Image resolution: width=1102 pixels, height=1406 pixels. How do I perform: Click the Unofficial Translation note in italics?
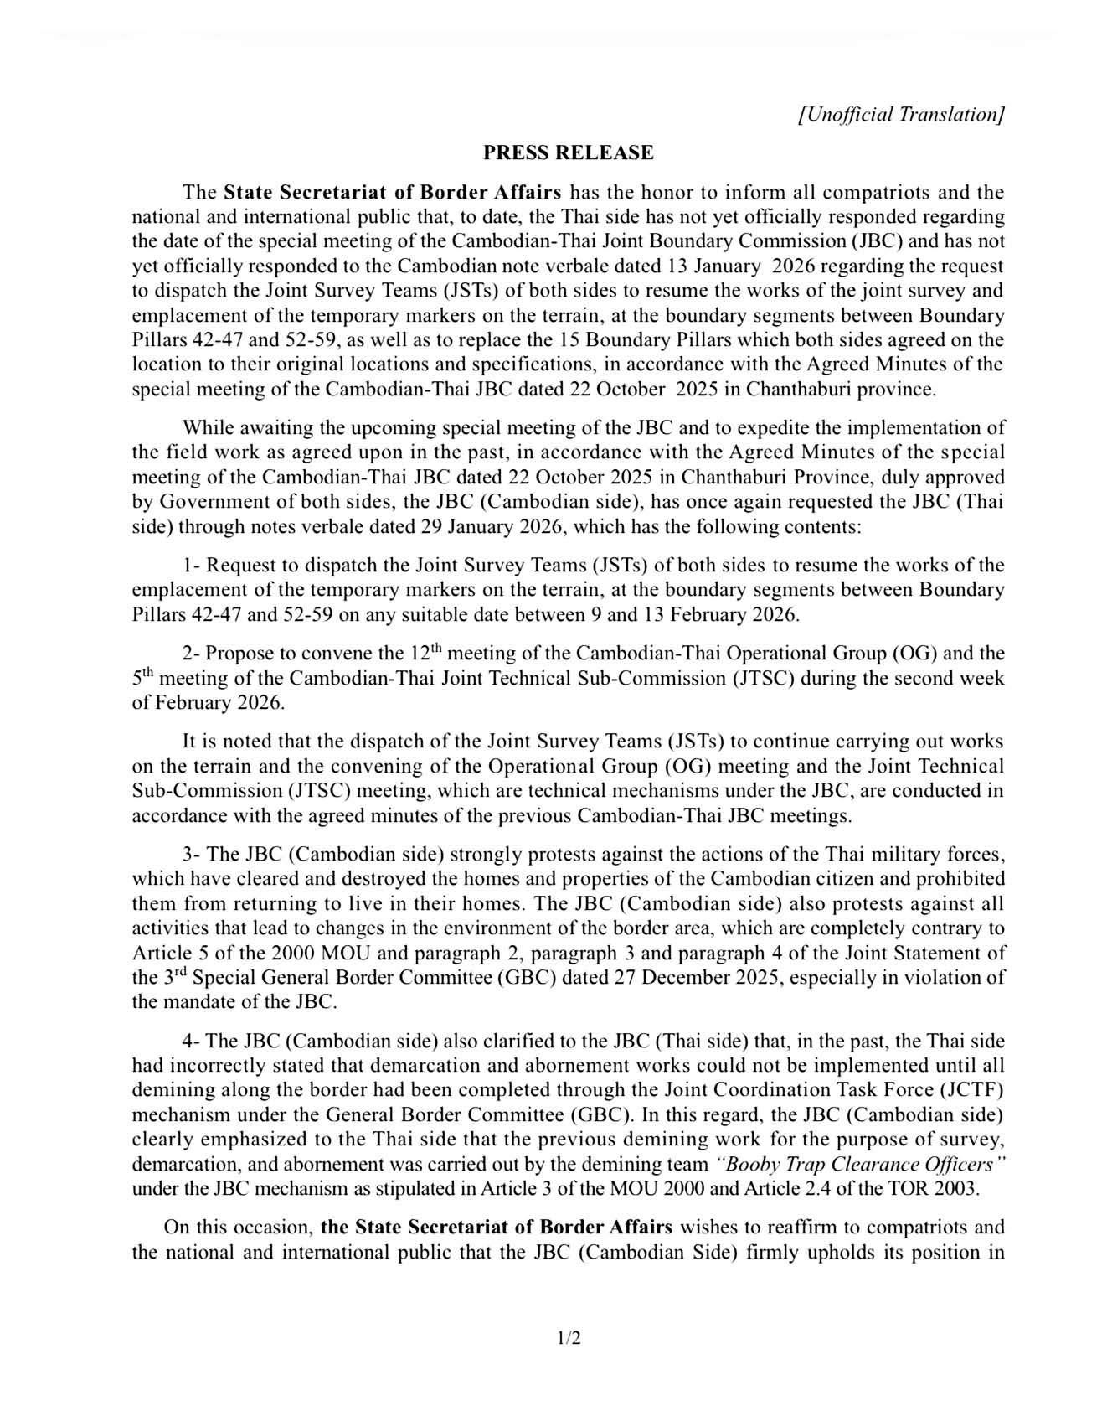(x=901, y=115)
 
